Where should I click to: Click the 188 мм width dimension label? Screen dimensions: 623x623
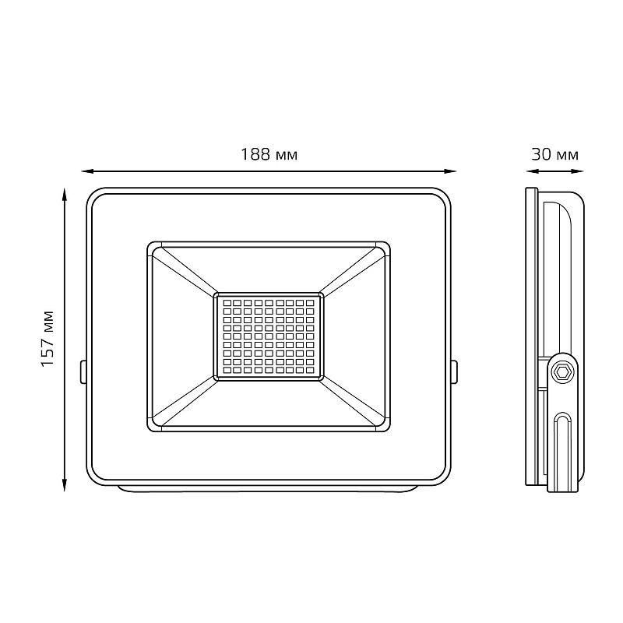coord(269,154)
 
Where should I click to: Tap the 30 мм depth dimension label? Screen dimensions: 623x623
coord(554,154)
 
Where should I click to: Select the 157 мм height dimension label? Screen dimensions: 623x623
coord(48,339)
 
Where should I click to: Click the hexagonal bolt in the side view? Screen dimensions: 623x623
coord(563,372)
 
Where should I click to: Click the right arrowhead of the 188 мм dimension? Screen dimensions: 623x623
coord(450,171)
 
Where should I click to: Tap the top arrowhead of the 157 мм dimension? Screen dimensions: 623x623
coord(64,195)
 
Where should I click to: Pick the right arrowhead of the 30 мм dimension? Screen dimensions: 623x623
coord(577,171)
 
